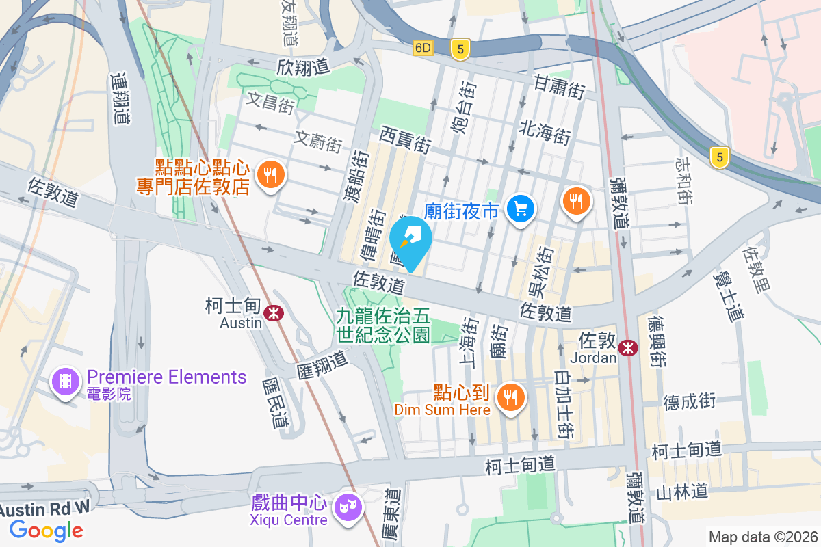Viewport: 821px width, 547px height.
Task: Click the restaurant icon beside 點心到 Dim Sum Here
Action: click(510, 396)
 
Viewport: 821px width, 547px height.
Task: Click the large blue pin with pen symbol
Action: click(410, 240)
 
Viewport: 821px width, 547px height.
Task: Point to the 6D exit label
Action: click(423, 48)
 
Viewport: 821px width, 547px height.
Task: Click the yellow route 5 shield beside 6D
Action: click(461, 48)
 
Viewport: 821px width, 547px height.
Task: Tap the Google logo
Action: click(47, 530)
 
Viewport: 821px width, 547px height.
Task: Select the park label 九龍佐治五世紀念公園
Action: click(383, 325)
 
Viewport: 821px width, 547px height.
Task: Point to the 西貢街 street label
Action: click(406, 139)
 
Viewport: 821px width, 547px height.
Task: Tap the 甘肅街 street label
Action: click(560, 88)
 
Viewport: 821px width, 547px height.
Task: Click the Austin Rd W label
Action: click(44, 508)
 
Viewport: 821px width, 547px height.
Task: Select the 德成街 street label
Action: click(689, 401)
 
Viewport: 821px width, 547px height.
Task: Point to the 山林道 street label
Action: click(681, 492)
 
